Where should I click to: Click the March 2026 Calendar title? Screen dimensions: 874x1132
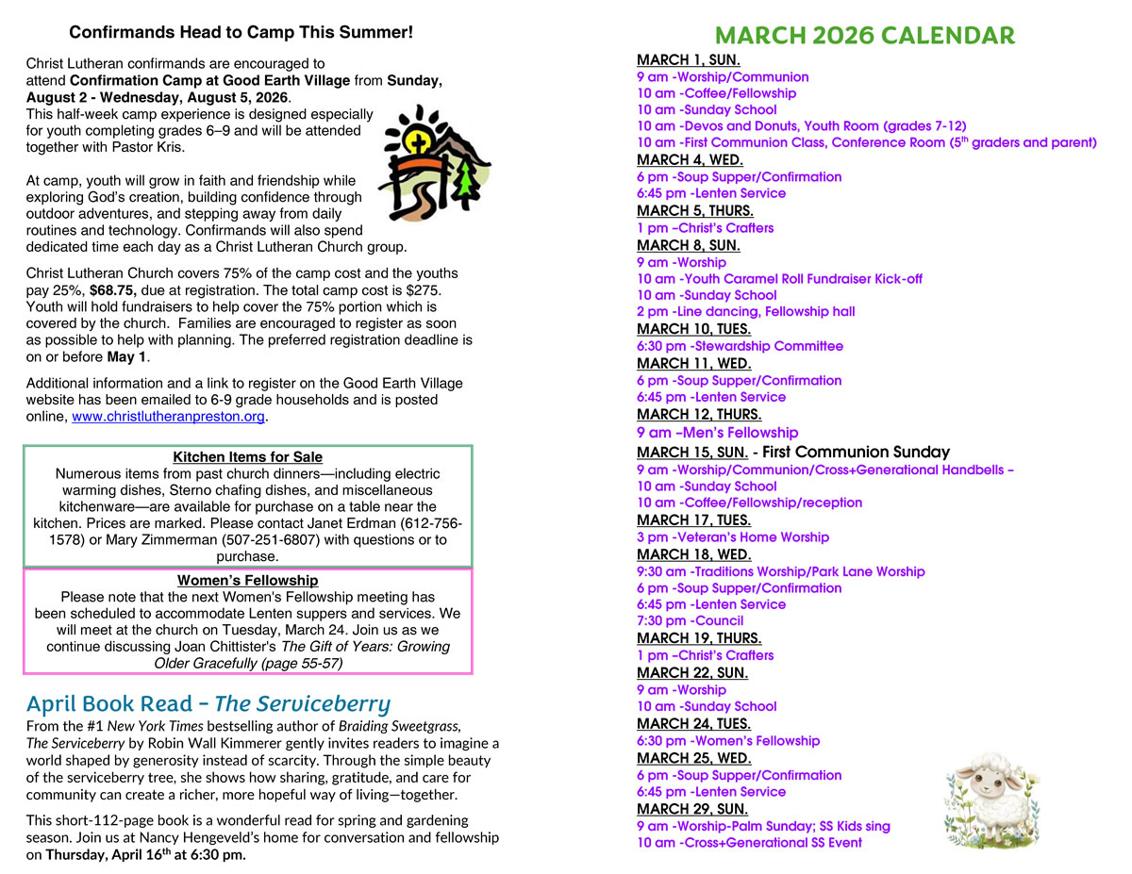tap(864, 36)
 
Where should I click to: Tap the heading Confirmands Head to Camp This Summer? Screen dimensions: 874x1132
tap(241, 33)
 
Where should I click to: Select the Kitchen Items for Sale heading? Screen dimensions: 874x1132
tap(248, 457)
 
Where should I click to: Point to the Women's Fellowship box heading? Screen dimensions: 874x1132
tap(248, 581)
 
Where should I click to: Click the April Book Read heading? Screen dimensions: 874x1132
tap(208, 703)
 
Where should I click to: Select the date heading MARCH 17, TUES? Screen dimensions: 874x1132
tap(693, 520)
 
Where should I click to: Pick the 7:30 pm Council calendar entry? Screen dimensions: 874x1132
tap(690, 621)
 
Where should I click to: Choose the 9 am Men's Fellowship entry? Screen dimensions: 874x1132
tap(717, 433)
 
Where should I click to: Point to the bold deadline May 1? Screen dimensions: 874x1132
tap(127, 357)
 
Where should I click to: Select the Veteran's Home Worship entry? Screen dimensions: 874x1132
tap(733, 537)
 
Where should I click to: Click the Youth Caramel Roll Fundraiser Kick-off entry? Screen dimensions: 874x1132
tap(779, 279)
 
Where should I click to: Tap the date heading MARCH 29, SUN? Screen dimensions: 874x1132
tap(692, 810)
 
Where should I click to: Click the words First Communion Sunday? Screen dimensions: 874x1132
tap(856, 453)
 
